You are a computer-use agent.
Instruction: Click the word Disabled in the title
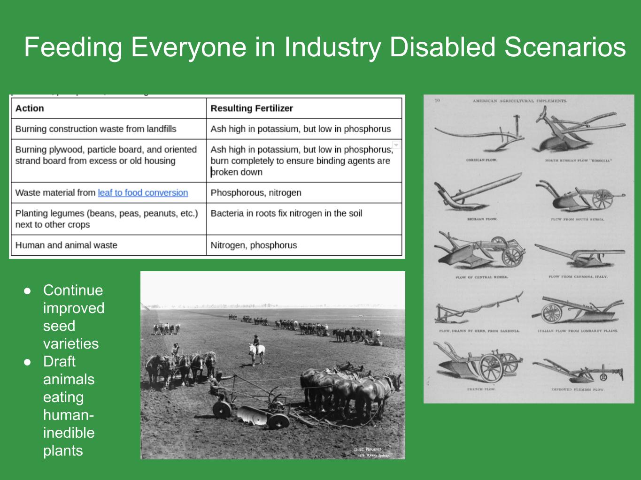[x=443, y=47]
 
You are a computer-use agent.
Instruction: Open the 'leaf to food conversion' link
[x=143, y=192]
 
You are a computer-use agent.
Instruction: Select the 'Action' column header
[x=30, y=108]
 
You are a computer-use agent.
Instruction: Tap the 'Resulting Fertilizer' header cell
[x=252, y=108]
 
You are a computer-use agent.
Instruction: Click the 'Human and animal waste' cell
[x=66, y=245]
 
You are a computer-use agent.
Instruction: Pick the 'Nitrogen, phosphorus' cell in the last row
[x=254, y=245]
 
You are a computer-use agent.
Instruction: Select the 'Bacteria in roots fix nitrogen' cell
[x=286, y=213]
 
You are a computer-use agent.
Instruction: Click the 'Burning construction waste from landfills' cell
[x=96, y=129]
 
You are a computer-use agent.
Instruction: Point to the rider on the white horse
[x=256, y=340]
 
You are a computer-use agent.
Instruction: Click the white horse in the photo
[x=257, y=352]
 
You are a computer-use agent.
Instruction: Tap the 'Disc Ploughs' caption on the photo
[x=369, y=450]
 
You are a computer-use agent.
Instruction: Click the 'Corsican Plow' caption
[x=481, y=160]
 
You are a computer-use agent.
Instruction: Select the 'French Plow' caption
[x=481, y=389]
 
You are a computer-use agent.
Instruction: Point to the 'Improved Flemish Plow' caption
[x=578, y=389]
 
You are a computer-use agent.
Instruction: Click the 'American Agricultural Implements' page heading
[x=520, y=101]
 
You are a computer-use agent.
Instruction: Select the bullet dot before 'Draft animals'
[x=28, y=362]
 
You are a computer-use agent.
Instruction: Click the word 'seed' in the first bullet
[x=59, y=326]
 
